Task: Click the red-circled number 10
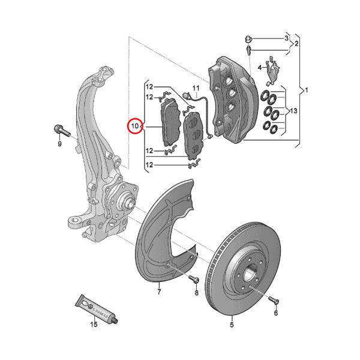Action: click(135, 127)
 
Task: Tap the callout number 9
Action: click(60, 144)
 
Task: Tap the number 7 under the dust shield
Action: click(159, 292)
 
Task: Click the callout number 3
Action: click(286, 38)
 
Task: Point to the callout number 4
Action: click(260, 68)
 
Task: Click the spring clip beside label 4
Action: click(271, 69)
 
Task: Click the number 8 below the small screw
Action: click(196, 292)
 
